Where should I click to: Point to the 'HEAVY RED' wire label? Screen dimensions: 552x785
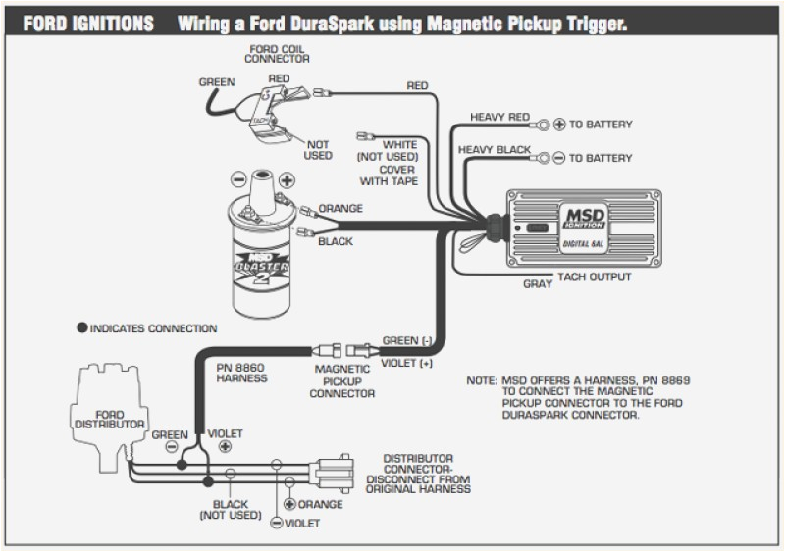click(501, 117)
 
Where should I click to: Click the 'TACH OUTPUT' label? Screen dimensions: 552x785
click(595, 277)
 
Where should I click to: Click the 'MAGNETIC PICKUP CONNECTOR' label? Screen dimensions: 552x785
click(341, 380)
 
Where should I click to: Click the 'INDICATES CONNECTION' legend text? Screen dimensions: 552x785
click(152, 328)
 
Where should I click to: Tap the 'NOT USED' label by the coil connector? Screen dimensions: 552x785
click(319, 149)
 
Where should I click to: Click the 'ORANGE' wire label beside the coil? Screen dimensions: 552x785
click(340, 208)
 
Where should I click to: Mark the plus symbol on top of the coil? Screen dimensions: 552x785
click(287, 180)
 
